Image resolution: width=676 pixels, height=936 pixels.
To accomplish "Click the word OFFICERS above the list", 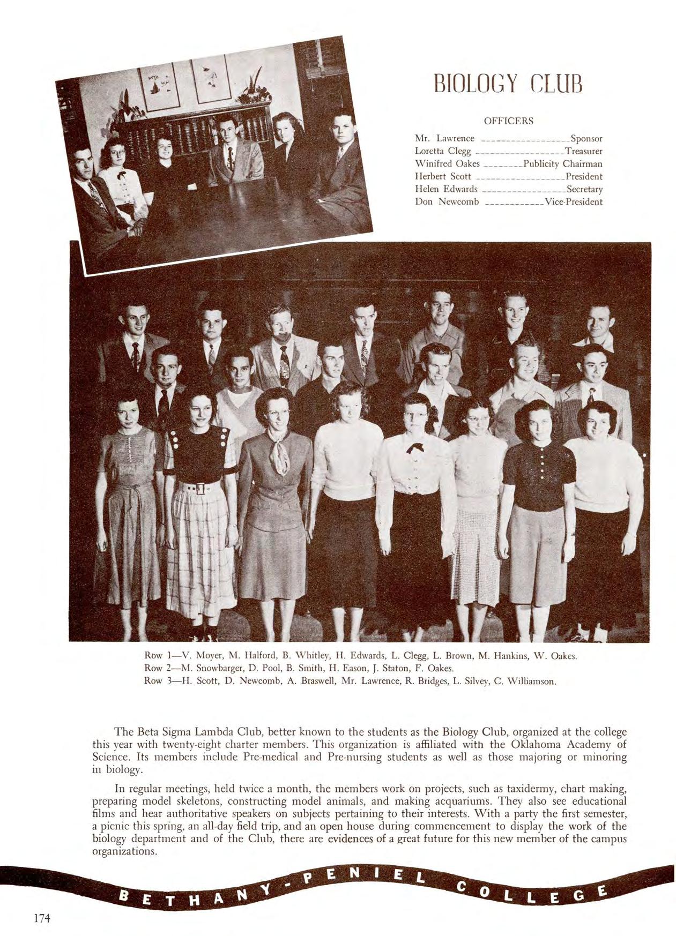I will coord(508,121).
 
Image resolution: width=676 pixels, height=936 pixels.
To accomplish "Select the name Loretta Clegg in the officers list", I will coord(442,151).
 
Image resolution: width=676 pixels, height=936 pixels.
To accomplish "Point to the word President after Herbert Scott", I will coord(584,176).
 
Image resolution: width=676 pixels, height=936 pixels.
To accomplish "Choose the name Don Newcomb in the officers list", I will coord(447,202).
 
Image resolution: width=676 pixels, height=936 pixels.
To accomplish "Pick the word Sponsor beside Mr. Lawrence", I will coord(586,138).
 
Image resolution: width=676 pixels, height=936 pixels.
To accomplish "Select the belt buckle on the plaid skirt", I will coord(199,489).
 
